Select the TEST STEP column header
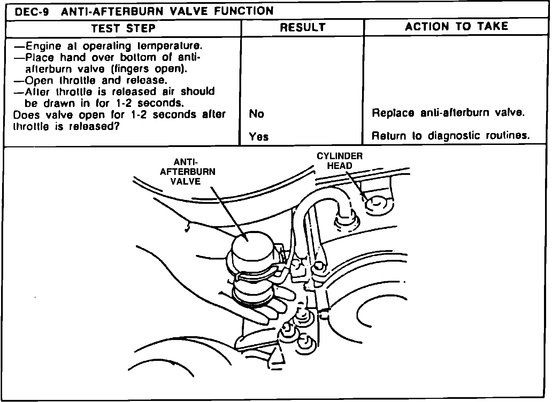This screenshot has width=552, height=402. tap(123, 28)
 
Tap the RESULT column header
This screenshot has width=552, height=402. tap(302, 28)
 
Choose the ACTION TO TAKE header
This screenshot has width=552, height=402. tap(456, 26)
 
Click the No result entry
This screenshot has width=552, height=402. tap(256, 114)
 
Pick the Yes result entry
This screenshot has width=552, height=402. tap(259, 137)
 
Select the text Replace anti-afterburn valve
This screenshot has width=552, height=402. tap(448, 113)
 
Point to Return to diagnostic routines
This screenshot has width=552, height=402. tap(451, 136)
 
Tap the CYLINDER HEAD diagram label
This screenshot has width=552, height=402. tap(339, 161)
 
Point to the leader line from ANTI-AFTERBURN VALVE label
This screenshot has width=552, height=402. tap(228, 212)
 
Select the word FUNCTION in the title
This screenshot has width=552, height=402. tap(244, 11)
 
